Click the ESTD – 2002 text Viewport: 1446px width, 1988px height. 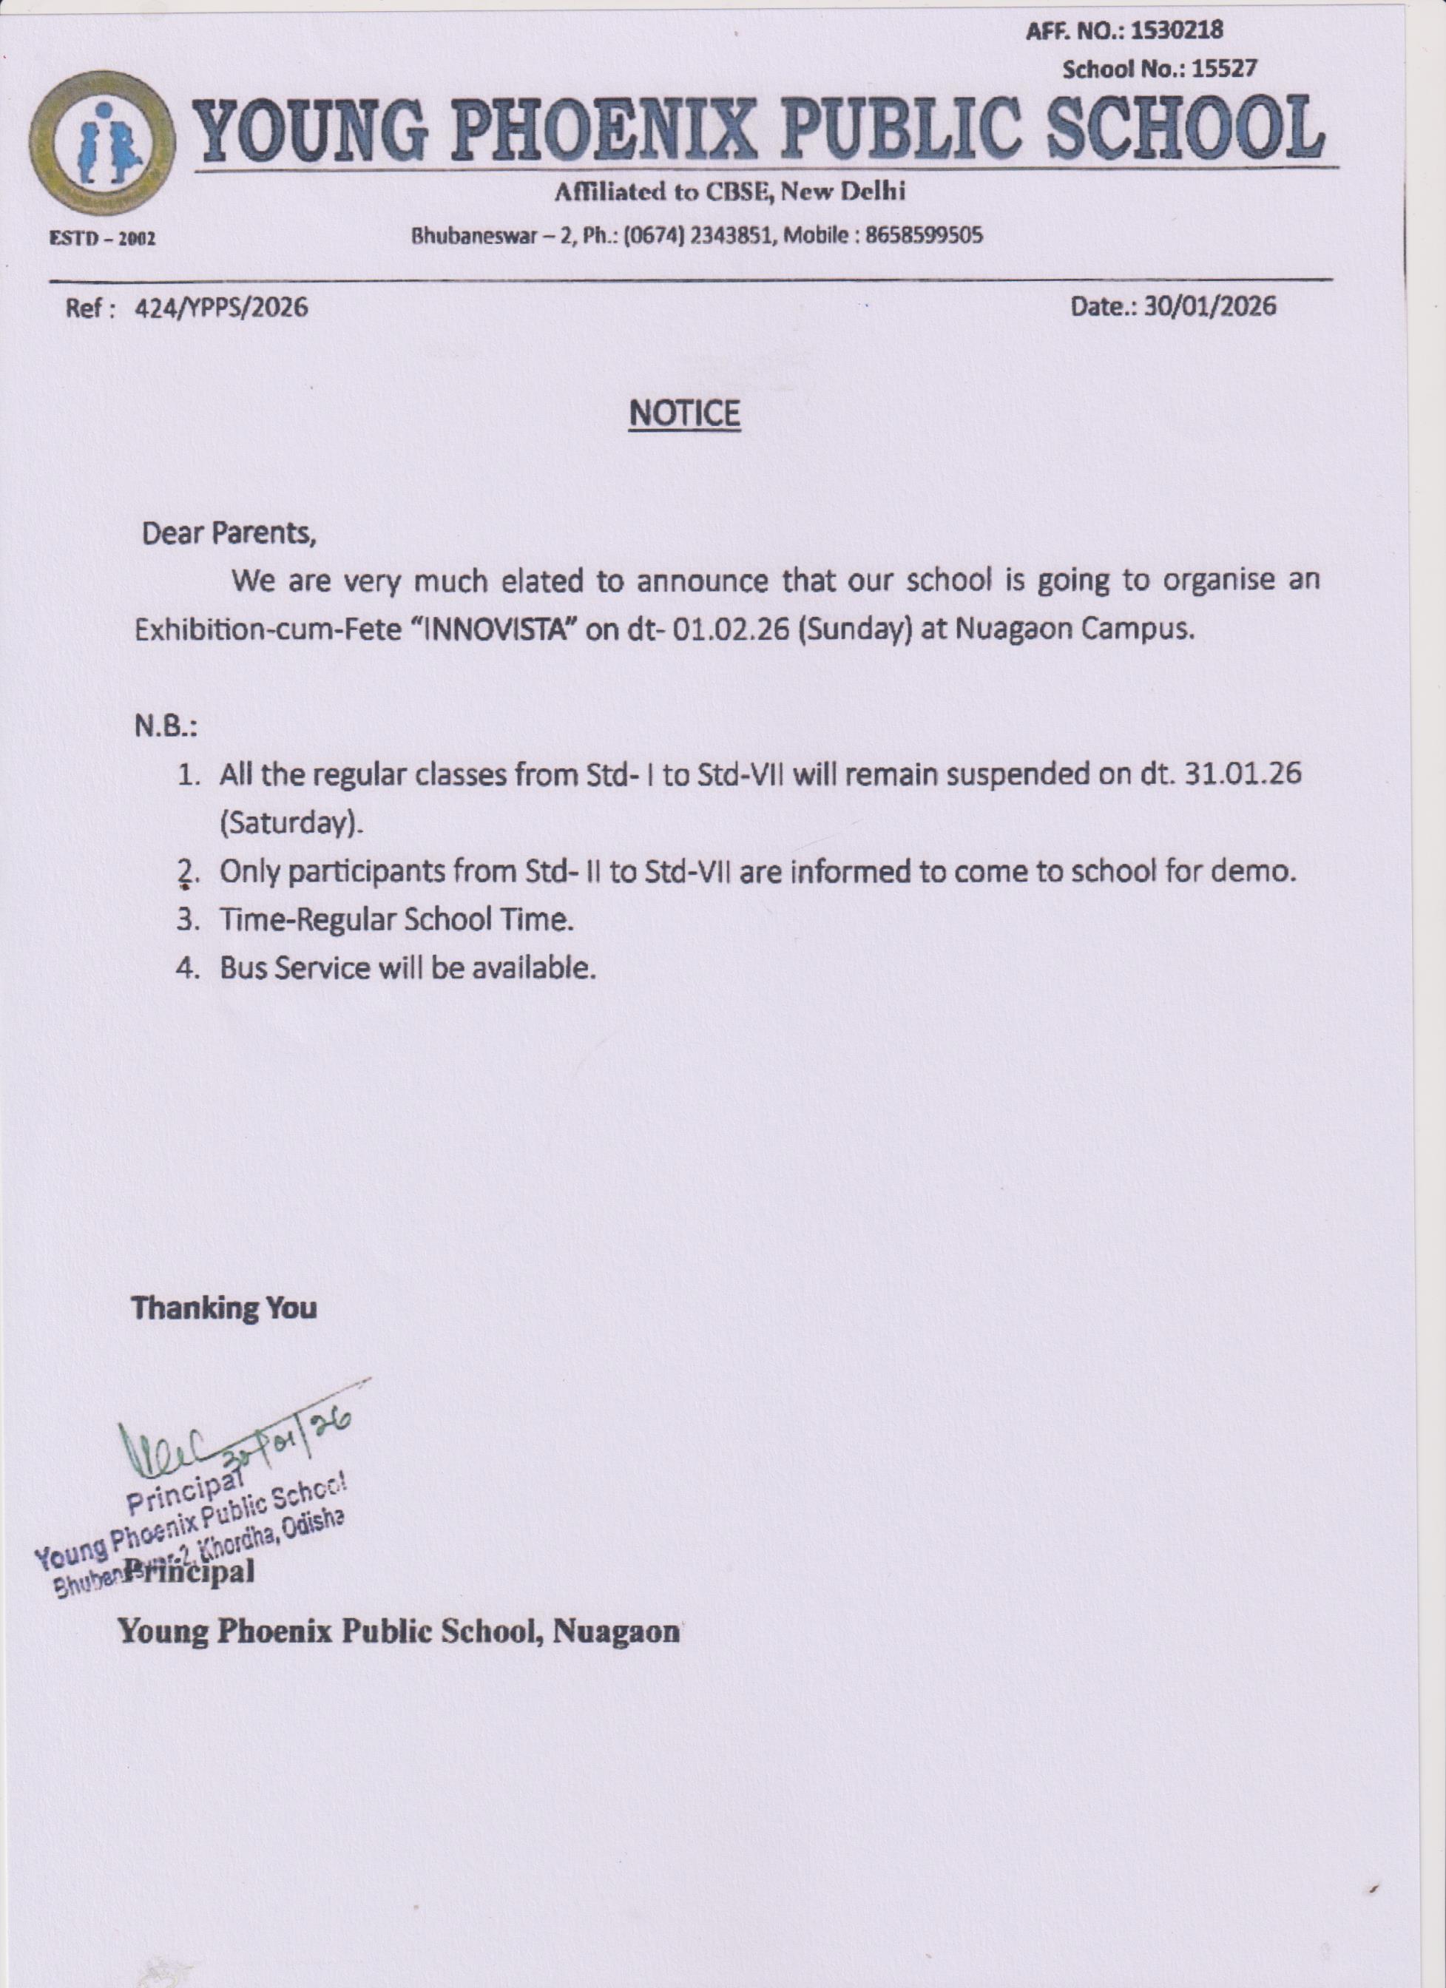click(101, 238)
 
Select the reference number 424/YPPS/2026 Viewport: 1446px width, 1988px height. click(220, 308)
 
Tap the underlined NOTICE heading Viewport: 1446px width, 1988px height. click(684, 413)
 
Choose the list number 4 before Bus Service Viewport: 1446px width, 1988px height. click(186, 969)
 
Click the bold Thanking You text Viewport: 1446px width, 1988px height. click(223, 1308)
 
